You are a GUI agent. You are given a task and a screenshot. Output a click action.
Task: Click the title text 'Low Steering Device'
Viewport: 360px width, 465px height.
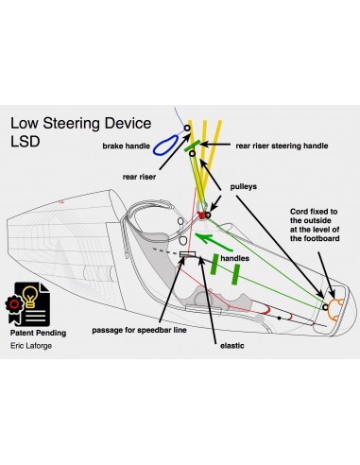pyautogui.click(x=85, y=124)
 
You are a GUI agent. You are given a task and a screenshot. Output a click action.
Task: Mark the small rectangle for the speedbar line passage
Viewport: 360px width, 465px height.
pyautogui.click(x=187, y=254)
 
